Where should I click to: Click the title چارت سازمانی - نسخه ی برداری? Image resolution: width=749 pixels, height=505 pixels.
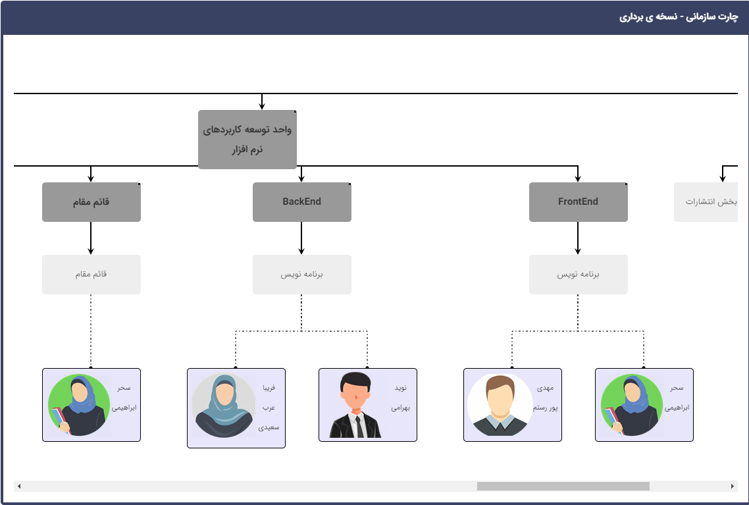tap(679, 18)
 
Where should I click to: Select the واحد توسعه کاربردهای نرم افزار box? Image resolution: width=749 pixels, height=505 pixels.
tap(247, 140)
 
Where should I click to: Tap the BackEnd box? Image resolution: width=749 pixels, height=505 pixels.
tap(302, 202)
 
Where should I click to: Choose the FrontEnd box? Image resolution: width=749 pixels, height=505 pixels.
tap(579, 202)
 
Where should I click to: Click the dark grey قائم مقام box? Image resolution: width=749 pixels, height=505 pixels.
tap(91, 202)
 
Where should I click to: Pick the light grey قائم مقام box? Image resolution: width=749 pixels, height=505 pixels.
tap(91, 274)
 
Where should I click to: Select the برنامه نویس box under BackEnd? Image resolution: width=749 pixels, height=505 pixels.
tap(302, 274)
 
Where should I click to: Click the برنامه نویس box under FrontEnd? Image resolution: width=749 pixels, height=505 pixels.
tap(579, 274)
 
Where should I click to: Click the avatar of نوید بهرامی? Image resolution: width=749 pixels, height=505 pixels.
tap(355, 405)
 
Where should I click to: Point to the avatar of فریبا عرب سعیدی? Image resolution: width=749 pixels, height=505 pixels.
tap(223, 405)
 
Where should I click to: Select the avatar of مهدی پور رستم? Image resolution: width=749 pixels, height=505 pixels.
tap(500, 405)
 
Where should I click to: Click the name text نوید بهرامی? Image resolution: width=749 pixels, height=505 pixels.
tap(401, 398)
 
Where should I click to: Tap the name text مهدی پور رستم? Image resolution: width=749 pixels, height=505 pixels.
tap(546, 398)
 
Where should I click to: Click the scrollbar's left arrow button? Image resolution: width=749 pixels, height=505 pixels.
tap(19, 486)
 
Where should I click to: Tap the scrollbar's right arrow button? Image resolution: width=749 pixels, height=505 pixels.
tap(732, 486)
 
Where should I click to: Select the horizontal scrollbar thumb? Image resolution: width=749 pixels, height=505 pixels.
tap(563, 486)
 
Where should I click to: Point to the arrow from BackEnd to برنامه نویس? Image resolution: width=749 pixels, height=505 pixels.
tap(301, 238)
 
